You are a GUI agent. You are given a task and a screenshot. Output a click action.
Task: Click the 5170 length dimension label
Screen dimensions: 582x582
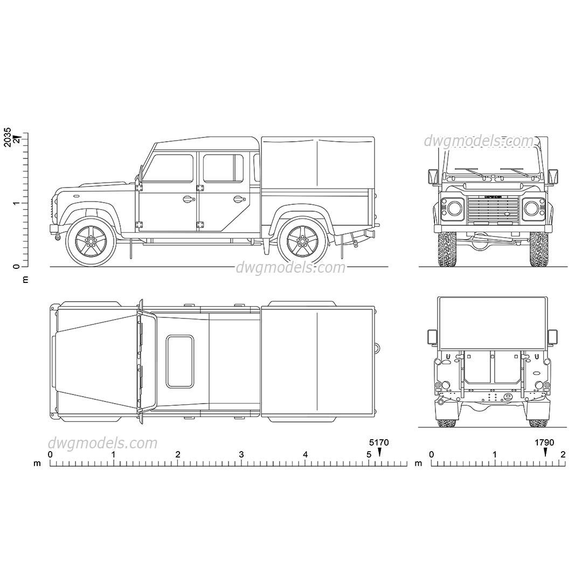pyautogui.click(x=379, y=442)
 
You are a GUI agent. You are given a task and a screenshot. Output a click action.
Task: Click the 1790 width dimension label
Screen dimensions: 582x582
pyautogui.click(x=544, y=442)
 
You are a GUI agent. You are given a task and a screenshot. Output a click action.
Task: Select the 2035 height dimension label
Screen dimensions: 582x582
pyautogui.click(x=7, y=137)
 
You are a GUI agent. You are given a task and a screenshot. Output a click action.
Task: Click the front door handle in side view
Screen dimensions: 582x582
pyautogui.click(x=188, y=199)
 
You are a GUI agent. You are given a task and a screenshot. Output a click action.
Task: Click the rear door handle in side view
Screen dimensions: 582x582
pyautogui.click(x=238, y=199)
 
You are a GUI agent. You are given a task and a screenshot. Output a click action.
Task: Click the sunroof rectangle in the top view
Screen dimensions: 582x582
pyautogui.click(x=180, y=362)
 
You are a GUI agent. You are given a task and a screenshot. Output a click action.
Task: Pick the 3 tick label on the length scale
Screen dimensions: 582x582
pyautogui.click(x=241, y=455)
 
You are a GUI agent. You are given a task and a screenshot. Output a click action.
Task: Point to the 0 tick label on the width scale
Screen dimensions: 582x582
pyautogui.click(x=431, y=455)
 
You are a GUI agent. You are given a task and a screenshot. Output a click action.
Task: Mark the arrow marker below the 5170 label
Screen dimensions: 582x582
pyautogui.click(x=379, y=452)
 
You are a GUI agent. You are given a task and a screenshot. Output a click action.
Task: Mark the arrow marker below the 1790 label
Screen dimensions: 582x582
pyautogui.click(x=545, y=452)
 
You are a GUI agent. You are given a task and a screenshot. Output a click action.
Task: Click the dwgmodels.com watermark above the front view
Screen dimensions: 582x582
pyautogui.click(x=478, y=141)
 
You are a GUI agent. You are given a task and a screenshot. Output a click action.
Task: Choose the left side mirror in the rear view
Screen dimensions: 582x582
pyautogui.click(x=432, y=337)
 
